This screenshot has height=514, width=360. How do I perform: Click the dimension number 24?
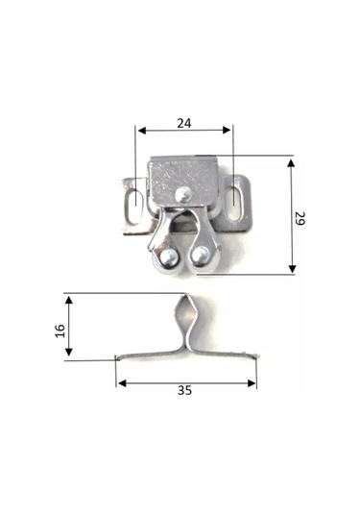[x=182, y=123]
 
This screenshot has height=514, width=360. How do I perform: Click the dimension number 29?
[x=300, y=219]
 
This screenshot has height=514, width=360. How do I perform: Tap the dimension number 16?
[x=60, y=330]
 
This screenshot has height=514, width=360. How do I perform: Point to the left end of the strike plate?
[x=117, y=359]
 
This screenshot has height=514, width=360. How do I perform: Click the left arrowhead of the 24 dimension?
[x=140, y=131]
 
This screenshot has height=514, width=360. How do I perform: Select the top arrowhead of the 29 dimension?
[x=291, y=160]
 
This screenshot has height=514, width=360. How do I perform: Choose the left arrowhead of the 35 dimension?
[x=121, y=383]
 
